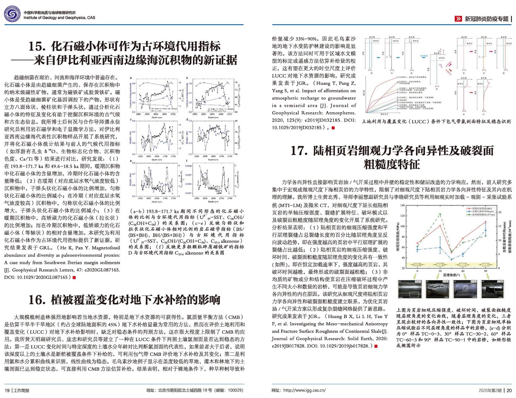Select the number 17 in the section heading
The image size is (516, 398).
coord(299,151)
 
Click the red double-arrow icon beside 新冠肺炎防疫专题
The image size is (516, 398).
coord(458,19)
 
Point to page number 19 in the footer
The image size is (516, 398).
coord(7,390)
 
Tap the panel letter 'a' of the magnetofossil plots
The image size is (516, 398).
coord(131,78)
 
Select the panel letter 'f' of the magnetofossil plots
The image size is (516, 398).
coord(187,161)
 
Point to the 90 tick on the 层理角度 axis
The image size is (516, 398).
coord(486,271)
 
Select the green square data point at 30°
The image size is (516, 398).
coord(440,214)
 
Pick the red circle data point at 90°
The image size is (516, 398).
coord(486,222)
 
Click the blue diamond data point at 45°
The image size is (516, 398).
coord(451,259)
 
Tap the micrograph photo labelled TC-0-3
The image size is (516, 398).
coord(409,289)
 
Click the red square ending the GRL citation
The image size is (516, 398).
coord(74,277)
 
